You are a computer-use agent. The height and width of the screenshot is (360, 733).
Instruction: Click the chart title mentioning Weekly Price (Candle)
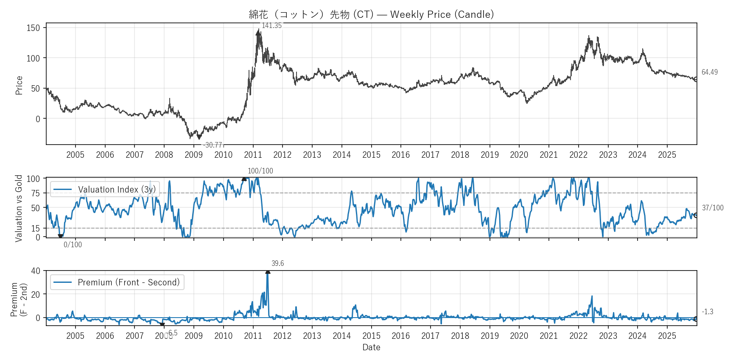tap(371, 14)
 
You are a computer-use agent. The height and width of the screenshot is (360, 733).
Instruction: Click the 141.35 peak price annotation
tap(271, 25)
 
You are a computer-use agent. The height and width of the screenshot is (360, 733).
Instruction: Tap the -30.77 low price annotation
tap(213, 145)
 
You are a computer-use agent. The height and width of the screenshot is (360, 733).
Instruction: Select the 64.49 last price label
tap(709, 72)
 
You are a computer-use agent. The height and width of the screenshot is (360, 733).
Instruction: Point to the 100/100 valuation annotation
tap(260, 171)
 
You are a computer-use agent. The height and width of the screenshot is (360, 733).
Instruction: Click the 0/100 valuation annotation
tap(73, 245)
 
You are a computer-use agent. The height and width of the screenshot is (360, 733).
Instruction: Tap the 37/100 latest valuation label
tap(713, 208)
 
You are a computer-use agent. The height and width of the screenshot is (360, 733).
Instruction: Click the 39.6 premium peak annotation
tap(277, 263)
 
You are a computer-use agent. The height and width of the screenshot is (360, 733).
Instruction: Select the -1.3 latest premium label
tap(707, 312)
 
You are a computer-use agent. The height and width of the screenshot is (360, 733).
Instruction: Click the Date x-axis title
tap(371, 347)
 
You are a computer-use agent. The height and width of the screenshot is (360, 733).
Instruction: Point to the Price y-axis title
tap(19, 85)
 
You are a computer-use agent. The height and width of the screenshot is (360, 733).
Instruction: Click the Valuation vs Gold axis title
tap(19, 208)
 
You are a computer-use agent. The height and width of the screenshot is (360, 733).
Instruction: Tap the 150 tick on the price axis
tap(33, 28)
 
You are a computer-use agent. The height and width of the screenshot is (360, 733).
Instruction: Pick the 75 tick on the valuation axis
tap(36, 193)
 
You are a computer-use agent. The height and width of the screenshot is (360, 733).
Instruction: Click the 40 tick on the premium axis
tap(36, 271)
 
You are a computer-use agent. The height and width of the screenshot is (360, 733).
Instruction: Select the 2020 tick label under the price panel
tap(519, 155)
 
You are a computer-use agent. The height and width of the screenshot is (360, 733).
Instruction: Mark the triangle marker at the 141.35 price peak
tap(258, 32)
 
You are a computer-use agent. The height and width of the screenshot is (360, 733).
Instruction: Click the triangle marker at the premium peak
tap(268, 271)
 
